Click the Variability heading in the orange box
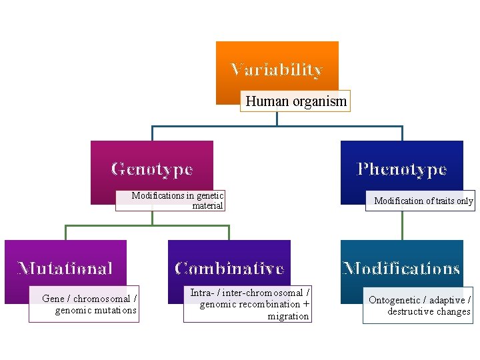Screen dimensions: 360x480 277,69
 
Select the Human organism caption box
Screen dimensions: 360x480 295,101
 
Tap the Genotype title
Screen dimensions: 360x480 152,169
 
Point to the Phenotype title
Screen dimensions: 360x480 401,169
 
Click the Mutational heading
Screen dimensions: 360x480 65,269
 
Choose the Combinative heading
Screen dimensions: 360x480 229,269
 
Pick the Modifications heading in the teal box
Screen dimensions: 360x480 401,269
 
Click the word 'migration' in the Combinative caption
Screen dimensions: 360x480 288,316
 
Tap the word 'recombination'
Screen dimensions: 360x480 269,304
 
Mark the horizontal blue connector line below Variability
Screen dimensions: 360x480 277,125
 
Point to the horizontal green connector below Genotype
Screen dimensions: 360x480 147,226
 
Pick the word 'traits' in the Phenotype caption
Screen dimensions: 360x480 441,201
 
